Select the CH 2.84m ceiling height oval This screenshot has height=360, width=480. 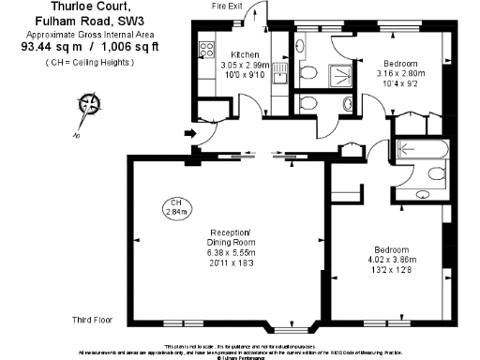(x=176, y=208)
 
